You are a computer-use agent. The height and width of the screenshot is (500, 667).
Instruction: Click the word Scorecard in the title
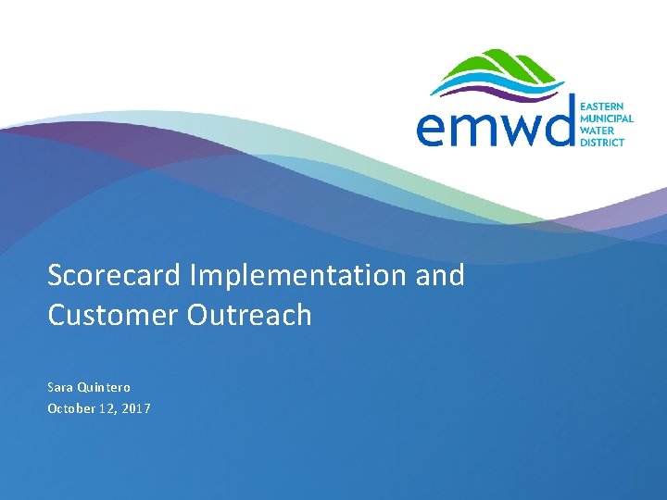coord(114,275)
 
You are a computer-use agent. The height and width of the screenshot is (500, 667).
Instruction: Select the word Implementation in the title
coord(297,276)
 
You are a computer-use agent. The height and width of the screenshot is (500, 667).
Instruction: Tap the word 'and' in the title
coord(439,275)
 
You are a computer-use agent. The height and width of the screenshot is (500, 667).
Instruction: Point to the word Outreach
coord(249,315)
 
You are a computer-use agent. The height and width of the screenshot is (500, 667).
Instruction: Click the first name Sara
coord(58,388)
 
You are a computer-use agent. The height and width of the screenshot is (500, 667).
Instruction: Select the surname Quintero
coord(104,388)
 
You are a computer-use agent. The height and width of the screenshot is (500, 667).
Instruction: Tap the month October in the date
coord(71,408)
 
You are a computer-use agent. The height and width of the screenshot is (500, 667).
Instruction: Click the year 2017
coord(136,409)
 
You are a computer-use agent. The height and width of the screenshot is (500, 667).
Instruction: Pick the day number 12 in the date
coord(107,409)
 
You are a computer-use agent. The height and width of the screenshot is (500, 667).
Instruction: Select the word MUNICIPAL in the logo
coord(607,119)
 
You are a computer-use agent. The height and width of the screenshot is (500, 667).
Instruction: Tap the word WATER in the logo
coord(598,131)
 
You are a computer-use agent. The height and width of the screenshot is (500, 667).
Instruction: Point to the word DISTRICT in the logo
coord(602,142)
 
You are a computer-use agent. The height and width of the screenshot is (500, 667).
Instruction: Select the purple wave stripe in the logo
coord(502,94)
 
